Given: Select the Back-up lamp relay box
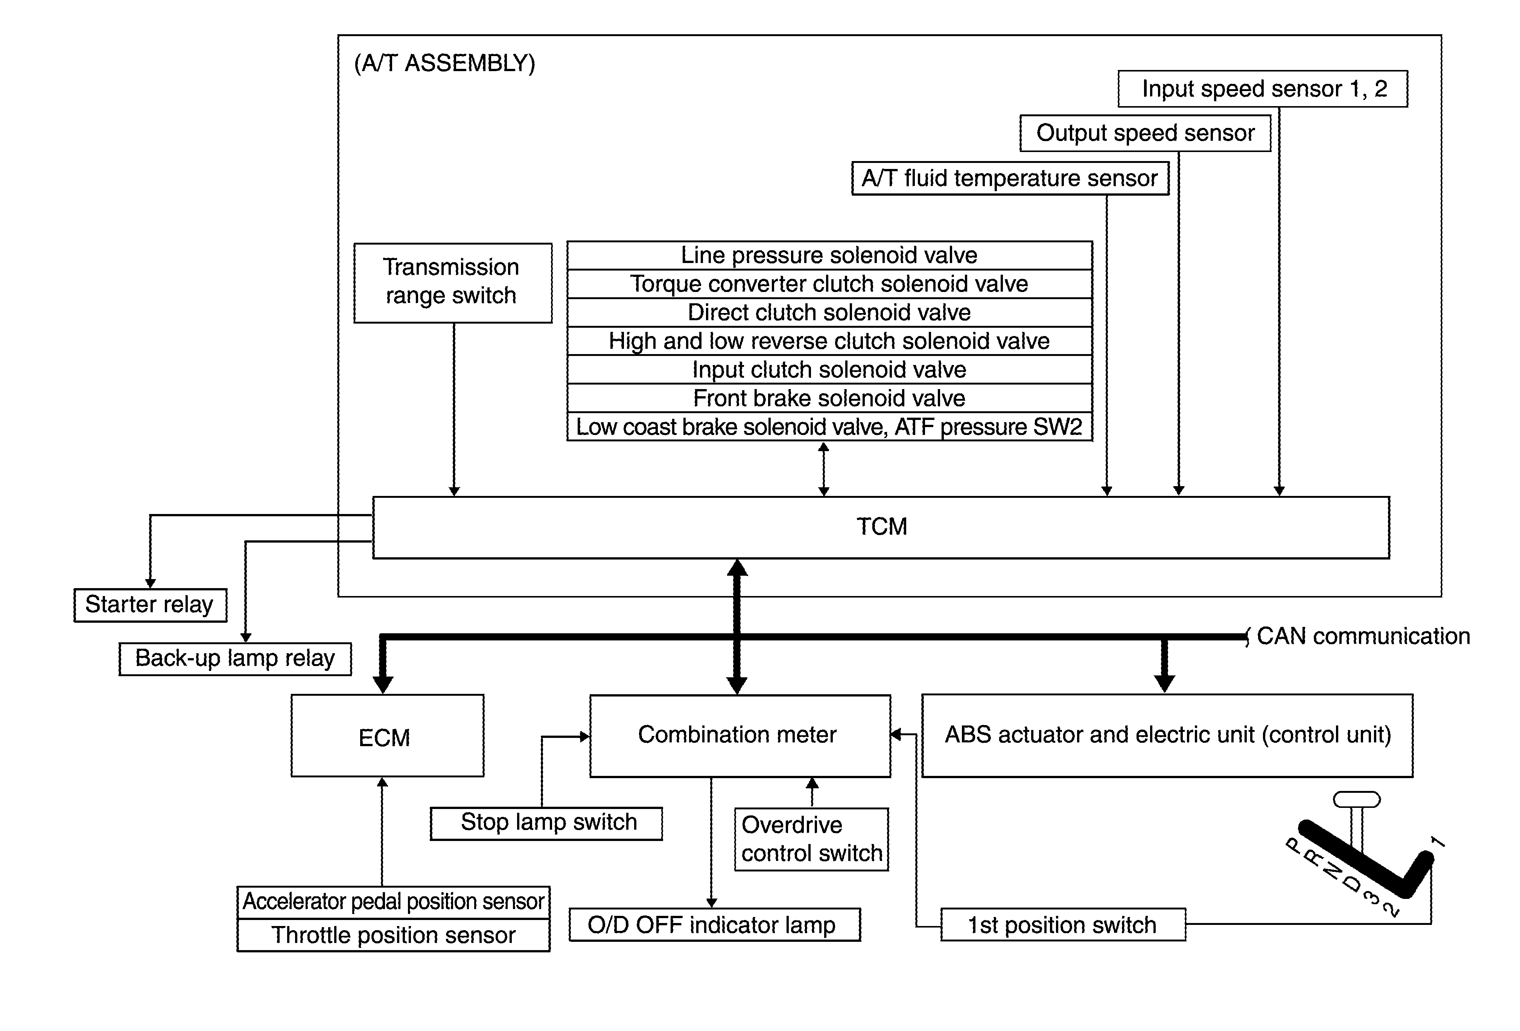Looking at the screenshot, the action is [x=235, y=658].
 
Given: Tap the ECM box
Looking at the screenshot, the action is [x=387, y=736].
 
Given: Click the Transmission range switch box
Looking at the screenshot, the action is [x=453, y=283].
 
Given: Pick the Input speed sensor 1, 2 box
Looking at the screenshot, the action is [x=1263, y=88].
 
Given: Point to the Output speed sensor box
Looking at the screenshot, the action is [x=1145, y=133].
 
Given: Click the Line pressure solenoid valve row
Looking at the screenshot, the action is [x=829, y=255].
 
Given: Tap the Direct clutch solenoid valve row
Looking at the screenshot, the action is [x=829, y=313].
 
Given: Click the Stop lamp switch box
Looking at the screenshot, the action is [x=546, y=823].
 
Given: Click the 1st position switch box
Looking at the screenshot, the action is [x=1063, y=925].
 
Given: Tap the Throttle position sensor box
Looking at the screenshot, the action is [x=393, y=935].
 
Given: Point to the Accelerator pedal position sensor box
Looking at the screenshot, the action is [x=393, y=902].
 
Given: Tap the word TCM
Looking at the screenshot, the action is [x=882, y=527].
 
